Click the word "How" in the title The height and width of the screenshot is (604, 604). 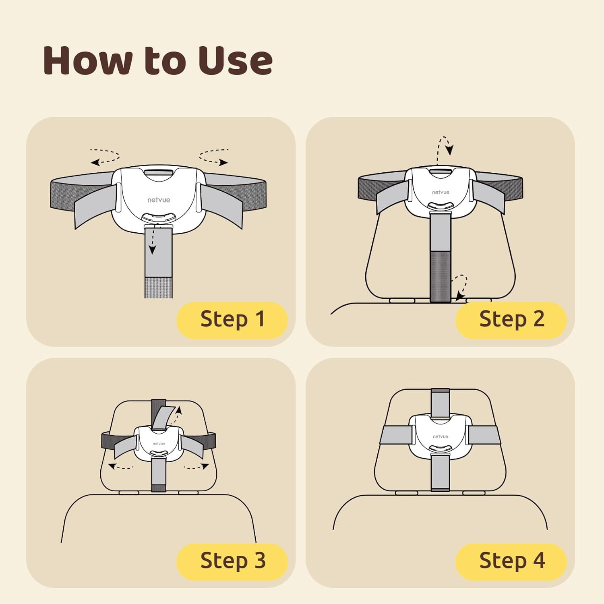coord(88,60)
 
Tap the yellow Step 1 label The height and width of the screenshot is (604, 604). coord(232,320)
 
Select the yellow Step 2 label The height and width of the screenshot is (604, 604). coord(511,320)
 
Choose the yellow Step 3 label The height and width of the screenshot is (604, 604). coord(232,561)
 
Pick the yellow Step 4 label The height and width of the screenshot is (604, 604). coord(511,561)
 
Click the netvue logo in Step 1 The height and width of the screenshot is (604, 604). coord(159,200)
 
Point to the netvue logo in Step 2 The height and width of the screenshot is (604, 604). coord(441,192)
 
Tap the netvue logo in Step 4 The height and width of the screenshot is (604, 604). coord(441,436)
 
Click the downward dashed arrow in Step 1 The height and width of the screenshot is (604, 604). coord(153,240)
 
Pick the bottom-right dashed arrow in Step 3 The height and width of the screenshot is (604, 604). coord(197,467)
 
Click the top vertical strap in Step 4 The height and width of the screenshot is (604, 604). coord(440,404)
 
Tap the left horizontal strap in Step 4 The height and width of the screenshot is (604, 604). coord(396,435)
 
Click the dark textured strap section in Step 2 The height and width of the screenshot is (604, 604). coord(441,277)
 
